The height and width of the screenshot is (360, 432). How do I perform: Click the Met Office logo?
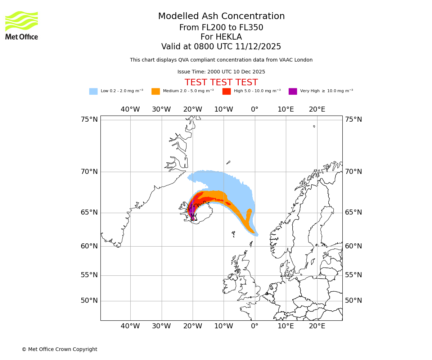click(22, 25)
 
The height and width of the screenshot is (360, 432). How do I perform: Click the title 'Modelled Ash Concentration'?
click(221, 16)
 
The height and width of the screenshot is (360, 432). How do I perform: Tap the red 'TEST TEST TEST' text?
click(221, 82)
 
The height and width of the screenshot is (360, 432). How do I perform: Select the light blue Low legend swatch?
click(93, 91)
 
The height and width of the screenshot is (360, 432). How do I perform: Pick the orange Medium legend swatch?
click(156, 91)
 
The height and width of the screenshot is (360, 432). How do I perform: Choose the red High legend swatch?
click(226, 91)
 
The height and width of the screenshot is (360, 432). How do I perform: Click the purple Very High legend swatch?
click(293, 91)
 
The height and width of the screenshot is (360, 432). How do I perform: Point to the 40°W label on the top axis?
click(130, 109)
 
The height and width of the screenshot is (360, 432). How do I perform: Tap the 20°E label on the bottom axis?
click(317, 326)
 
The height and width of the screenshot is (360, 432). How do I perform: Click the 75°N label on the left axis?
click(89, 120)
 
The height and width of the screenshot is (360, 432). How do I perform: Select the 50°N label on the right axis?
click(354, 301)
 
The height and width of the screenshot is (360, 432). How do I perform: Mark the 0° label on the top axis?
click(255, 109)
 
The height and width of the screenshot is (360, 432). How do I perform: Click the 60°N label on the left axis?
click(89, 246)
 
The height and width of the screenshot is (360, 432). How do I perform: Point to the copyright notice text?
click(59, 349)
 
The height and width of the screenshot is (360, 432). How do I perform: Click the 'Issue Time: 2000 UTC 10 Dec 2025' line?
click(221, 72)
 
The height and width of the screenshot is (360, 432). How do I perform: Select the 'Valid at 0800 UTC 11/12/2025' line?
click(221, 47)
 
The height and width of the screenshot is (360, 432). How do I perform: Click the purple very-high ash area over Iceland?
click(192, 209)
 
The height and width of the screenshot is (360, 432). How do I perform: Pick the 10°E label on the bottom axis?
click(285, 326)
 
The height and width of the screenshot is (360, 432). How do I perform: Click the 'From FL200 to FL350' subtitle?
click(221, 28)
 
